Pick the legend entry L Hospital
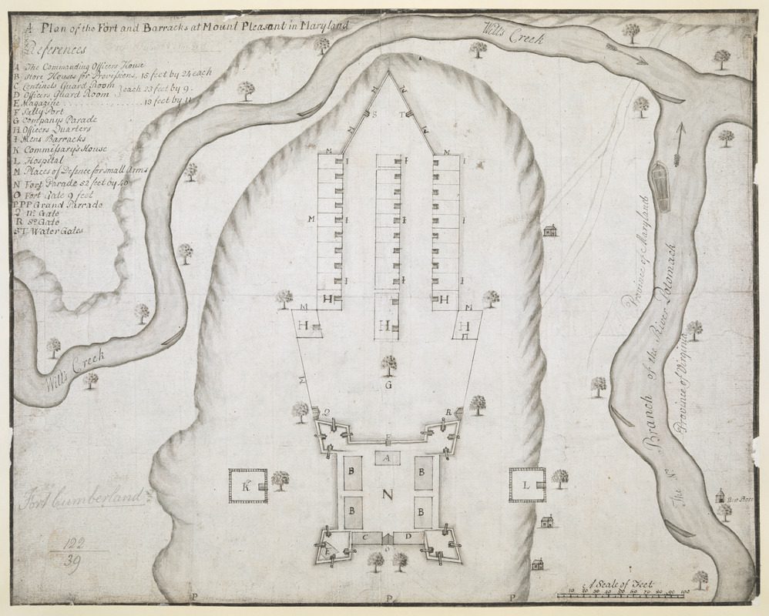point(42,157)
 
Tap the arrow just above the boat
point(678,143)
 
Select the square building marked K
point(247,486)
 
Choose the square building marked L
point(527,485)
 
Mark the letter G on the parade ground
point(389,383)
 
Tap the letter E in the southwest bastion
point(327,549)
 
